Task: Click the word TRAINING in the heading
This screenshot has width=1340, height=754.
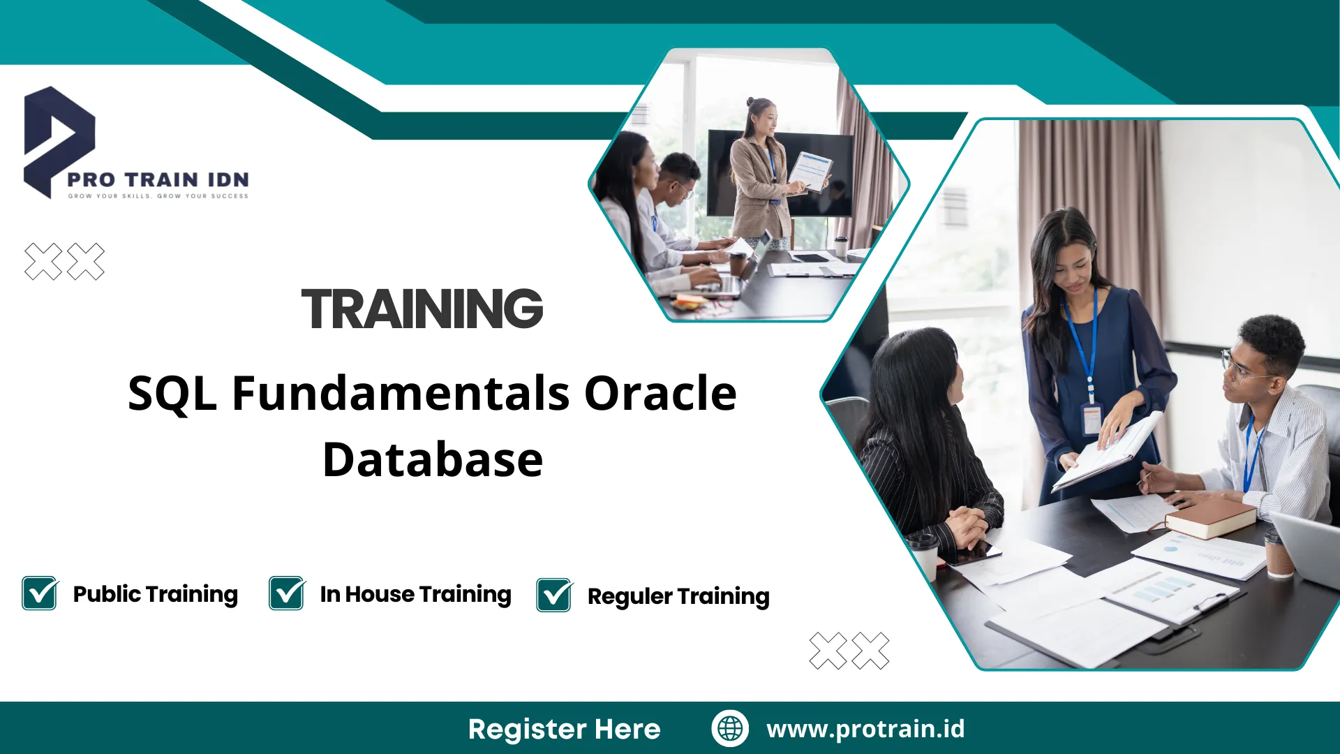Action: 422,309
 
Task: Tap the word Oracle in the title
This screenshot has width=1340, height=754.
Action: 660,393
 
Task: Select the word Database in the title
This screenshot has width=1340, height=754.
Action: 433,459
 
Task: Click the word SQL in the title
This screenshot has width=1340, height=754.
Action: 172,393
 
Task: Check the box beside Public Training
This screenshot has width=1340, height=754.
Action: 40,593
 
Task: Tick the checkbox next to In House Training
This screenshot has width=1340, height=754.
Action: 287,593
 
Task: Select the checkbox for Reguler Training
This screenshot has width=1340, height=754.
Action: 554,596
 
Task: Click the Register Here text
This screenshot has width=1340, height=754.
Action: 564,729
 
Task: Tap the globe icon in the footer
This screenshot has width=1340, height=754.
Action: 730,728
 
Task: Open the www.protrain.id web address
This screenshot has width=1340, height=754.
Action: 865,728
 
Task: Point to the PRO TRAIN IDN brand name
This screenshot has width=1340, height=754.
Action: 158,179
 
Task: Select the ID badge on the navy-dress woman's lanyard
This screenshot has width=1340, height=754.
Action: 1091,419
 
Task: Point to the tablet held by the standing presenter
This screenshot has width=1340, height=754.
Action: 810,170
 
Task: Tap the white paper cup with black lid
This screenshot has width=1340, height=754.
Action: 923,555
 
